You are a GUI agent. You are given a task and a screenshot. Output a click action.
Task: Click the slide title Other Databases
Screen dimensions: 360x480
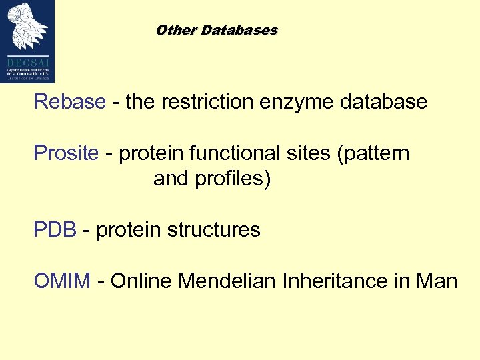216,31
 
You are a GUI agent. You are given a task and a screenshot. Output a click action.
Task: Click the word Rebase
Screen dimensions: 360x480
70,102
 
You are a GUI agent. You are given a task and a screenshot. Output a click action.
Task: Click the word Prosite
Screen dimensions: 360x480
66,153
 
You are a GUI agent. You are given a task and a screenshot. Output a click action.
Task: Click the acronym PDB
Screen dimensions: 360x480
55,230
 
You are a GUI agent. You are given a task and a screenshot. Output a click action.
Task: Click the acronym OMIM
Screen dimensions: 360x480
62,281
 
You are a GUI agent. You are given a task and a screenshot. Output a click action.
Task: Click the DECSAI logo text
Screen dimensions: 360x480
28,58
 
